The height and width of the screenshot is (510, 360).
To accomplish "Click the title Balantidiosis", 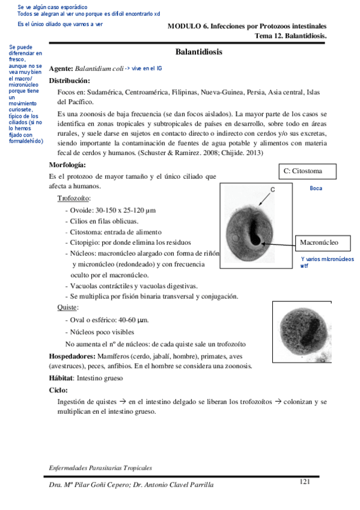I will (x=199, y=52).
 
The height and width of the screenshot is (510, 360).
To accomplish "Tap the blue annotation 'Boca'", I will (x=316, y=188).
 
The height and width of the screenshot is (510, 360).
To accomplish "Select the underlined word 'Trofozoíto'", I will (x=74, y=198).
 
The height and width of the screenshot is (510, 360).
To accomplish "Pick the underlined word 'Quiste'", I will (x=67, y=307).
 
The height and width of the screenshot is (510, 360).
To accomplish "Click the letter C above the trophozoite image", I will (x=272, y=189).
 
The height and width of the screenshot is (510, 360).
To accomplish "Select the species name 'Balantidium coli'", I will (x=99, y=69).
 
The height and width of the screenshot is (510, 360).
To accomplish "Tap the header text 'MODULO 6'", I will (x=186, y=26).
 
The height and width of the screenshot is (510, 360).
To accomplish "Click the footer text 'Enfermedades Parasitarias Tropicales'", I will (x=100, y=467).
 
